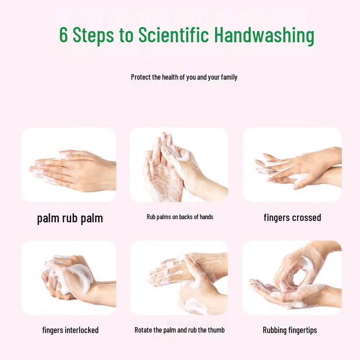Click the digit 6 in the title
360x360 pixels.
64,35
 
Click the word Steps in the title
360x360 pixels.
94,35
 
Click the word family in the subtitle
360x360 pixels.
228,77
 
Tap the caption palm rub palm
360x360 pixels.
70,219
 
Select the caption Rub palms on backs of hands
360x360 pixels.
180,217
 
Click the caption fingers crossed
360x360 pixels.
292,218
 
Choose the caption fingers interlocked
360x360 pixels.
70,330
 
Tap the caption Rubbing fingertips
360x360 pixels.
290,330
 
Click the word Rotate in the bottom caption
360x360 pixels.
144,330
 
